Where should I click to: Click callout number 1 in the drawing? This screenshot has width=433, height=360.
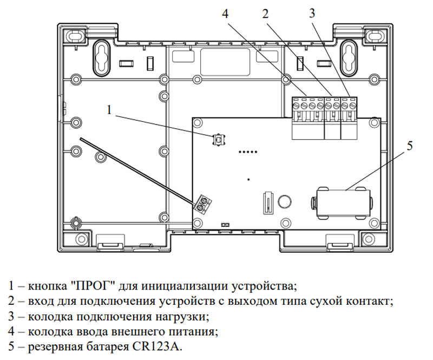109,110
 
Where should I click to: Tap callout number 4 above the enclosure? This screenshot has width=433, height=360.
226,14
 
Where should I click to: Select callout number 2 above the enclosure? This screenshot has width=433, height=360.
265,14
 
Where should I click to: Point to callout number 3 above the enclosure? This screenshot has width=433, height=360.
312,13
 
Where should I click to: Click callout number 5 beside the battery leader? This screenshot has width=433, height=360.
410,146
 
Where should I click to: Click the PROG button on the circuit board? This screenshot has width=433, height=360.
219,140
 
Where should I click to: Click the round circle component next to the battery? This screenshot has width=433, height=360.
284,201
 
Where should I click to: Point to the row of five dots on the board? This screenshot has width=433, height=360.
248,152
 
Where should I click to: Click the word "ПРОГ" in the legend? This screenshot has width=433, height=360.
91,286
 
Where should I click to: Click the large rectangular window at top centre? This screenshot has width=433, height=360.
225,62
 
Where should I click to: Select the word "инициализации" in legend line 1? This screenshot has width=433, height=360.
186,286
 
